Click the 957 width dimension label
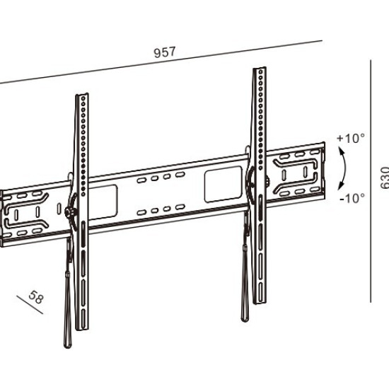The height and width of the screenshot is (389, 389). [165, 52]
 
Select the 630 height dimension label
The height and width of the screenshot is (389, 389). [385, 178]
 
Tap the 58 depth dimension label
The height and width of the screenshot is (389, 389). [37, 297]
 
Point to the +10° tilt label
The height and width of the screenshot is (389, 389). [351, 138]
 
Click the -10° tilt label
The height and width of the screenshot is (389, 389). [352, 198]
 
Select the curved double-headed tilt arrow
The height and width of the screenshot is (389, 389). [345, 169]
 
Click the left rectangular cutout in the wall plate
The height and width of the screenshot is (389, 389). [103, 202]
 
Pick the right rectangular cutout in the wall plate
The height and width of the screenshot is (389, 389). [223, 184]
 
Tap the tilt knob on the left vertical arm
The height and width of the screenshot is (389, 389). [69, 211]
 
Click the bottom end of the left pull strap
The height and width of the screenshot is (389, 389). [67, 347]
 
